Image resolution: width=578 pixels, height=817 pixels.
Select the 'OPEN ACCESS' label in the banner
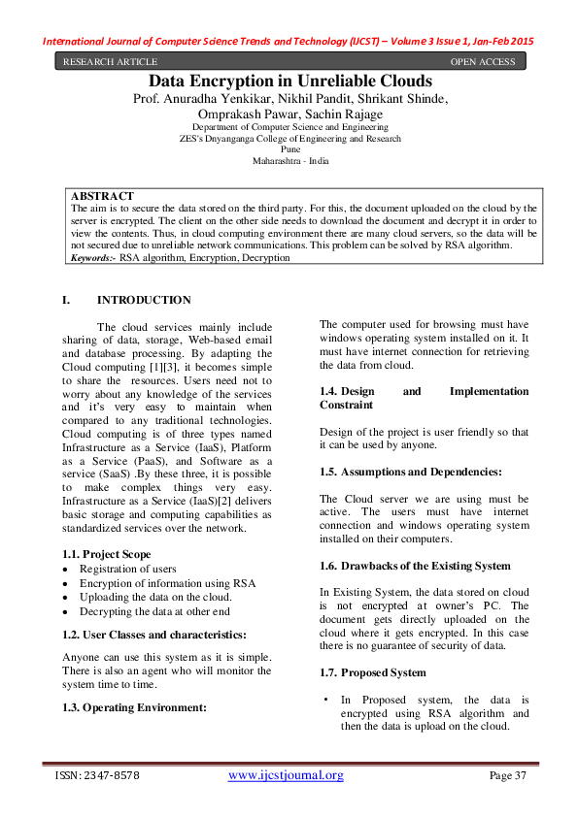click(483, 62)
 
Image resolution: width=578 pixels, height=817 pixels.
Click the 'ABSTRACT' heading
click(103, 196)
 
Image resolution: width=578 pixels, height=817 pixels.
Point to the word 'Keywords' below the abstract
click(94, 258)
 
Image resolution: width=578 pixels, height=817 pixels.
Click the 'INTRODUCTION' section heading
click(144, 300)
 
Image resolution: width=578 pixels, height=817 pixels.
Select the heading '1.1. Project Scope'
click(103, 553)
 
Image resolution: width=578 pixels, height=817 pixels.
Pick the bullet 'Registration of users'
click(128, 569)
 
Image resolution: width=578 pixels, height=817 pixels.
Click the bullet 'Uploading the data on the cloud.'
click(155, 597)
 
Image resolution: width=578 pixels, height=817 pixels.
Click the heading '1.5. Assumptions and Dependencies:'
click(411, 471)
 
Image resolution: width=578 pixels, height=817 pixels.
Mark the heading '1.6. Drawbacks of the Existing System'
click(415, 565)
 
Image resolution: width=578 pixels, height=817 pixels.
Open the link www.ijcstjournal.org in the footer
click(286, 775)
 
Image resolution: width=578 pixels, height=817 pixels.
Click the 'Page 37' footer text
click(506, 775)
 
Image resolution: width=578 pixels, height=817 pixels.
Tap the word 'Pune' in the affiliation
click(289, 149)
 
